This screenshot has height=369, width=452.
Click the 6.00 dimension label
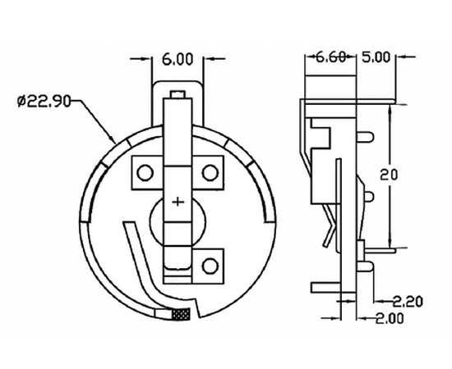click(178, 60)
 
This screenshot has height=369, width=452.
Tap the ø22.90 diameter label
click(44, 102)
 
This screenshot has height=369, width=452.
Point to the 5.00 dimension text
click(376, 57)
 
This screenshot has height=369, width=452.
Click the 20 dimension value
click(389, 175)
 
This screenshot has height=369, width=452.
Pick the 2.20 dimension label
click(408, 302)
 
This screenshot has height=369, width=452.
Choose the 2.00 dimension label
click(390, 318)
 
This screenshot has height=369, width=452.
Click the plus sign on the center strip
click(178, 202)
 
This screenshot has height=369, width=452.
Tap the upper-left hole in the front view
click(145, 172)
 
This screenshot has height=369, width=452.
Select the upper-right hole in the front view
click(210, 172)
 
